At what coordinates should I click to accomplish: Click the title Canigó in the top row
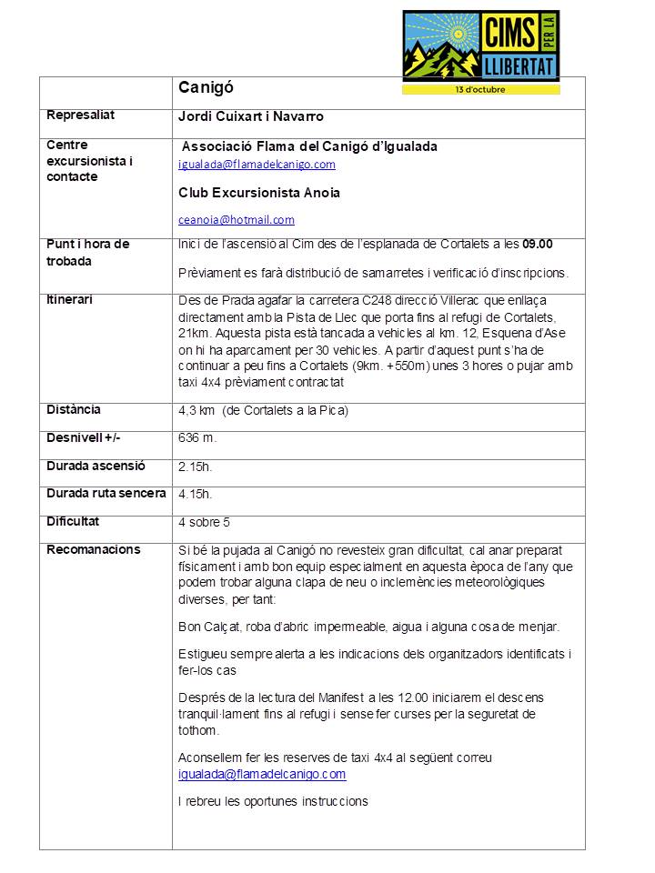[x=206, y=88]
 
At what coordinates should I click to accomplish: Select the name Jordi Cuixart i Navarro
[x=251, y=116]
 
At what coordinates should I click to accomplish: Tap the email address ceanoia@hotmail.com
[x=237, y=220]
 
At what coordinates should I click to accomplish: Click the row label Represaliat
[x=81, y=115]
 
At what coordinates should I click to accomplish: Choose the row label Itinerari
[x=70, y=299]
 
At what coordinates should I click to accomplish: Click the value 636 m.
[x=197, y=438]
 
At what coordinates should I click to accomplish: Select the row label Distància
[x=74, y=410]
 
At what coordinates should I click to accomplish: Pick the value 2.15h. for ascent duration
[x=196, y=467]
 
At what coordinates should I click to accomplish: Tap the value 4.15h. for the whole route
[x=196, y=495]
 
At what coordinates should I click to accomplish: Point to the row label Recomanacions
[x=94, y=549]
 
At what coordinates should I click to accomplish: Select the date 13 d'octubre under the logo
[x=480, y=89]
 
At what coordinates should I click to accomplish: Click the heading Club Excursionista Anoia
[x=259, y=194]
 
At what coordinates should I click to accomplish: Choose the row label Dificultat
[x=73, y=522]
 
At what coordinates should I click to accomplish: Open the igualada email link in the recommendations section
[x=262, y=775]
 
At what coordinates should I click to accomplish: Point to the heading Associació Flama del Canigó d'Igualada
[x=309, y=146]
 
